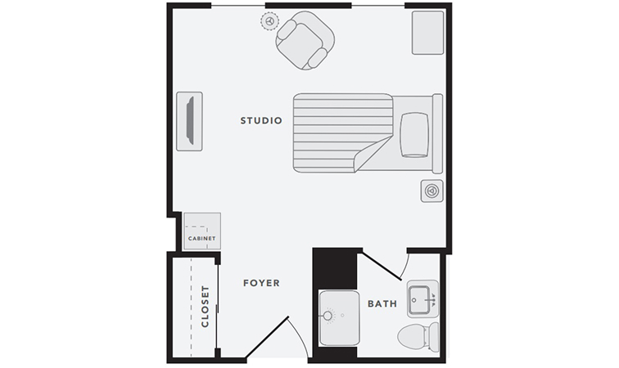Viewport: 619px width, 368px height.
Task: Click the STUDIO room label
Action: [261, 120]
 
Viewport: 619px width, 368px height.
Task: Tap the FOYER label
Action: [261, 283]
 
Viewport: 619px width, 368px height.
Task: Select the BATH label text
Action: [382, 303]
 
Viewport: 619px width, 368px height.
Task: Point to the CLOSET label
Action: [205, 307]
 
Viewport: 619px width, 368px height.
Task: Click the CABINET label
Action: [201, 238]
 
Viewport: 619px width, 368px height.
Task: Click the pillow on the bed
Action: [414, 135]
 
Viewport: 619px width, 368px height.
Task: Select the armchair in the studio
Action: [305, 40]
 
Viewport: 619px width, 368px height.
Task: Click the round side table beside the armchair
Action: [269, 21]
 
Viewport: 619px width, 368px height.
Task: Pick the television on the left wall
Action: [190, 120]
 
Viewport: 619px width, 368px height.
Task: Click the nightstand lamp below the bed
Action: [431, 191]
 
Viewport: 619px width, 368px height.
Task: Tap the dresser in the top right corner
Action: [428, 33]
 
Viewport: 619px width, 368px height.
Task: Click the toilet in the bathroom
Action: [418, 337]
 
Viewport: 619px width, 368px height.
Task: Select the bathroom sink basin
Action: [419, 300]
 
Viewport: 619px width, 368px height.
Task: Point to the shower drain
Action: [328, 316]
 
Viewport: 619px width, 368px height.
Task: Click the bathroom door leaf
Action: [382, 267]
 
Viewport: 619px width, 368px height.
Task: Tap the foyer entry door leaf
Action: [268, 337]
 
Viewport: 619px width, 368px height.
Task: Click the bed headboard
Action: [437, 133]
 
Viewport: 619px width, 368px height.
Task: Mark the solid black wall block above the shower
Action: [335, 269]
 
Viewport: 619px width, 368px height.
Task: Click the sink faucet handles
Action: [432, 300]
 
